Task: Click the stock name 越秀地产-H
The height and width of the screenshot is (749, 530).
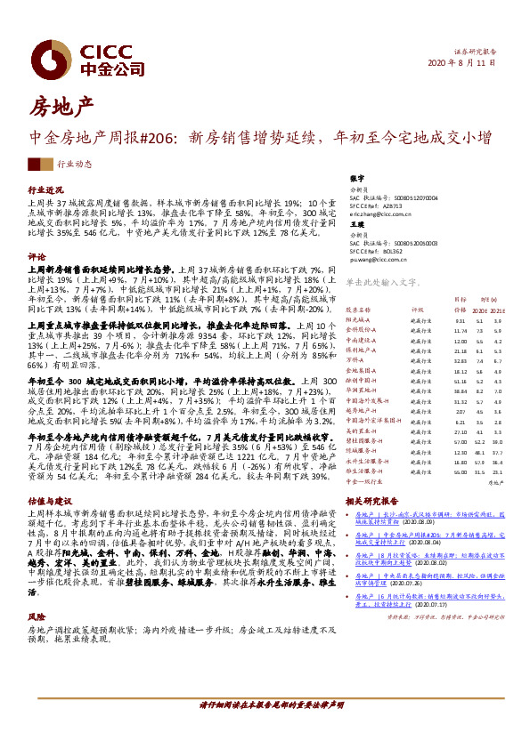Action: [362, 412]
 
